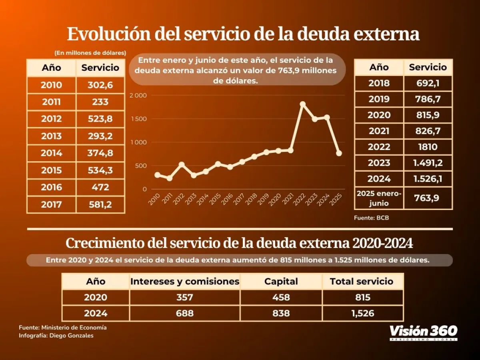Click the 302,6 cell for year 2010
[x=100, y=85]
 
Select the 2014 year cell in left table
[x=51, y=153]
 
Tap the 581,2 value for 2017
[x=100, y=205]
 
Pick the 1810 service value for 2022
[x=428, y=147]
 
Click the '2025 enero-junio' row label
[x=379, y=198]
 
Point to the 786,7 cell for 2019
[x=428, y=99]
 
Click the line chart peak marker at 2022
[x=303, y=104]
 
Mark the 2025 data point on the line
[x=339, y=153]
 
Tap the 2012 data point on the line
[x=182, y=164]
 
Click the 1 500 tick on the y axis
[x=139, y=119]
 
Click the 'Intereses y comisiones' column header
[x=185, y=282]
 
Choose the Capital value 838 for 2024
[x=281, y=313]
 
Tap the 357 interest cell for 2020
[x=185, y=298]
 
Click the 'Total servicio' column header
[x=362, y=282]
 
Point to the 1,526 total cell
[x=362, y=313]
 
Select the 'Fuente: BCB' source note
[x=371, y=218]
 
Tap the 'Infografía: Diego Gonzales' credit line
[x=56, y=336]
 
